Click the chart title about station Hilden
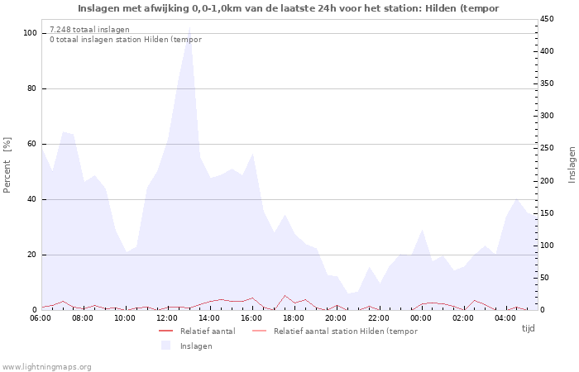[288, 8]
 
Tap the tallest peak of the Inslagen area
[189, 27]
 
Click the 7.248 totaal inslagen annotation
[89, 30]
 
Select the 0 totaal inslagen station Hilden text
[126, 40]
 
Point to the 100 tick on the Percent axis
[30, 33]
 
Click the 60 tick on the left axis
[31, 144]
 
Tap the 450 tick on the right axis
[547, 19]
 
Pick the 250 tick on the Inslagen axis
[547, 148]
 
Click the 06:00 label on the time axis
[41, 318]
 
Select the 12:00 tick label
[167, 318]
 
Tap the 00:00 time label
[420, 318]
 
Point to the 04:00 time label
[505, 318]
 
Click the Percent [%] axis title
[7, 165]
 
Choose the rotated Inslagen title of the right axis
[572, 165]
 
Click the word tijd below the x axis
[528, 328]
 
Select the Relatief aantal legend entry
[197, 331]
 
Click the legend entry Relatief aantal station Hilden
[335, 331]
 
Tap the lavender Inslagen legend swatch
[165, 346]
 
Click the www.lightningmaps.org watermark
[46, 367]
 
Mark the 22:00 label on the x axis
[379, 318]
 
